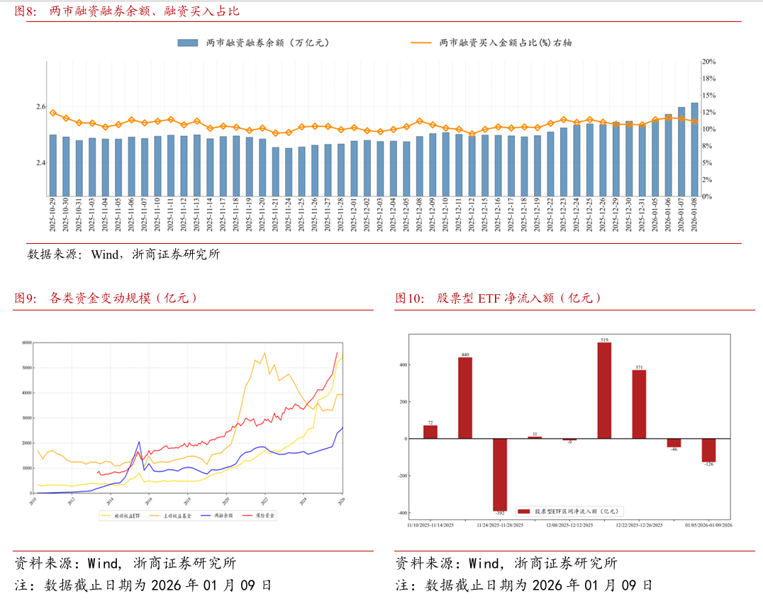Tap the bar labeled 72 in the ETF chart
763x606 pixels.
430,432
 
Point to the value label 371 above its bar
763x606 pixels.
640,366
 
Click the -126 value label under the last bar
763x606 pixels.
709,465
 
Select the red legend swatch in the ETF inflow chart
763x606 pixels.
524,511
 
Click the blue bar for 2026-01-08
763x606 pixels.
694,150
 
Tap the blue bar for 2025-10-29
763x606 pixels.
52,165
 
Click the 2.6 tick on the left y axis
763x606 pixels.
40,107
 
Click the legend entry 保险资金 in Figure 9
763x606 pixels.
260,515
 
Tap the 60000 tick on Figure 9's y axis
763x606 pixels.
28,342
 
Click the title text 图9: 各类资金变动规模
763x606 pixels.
106,298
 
